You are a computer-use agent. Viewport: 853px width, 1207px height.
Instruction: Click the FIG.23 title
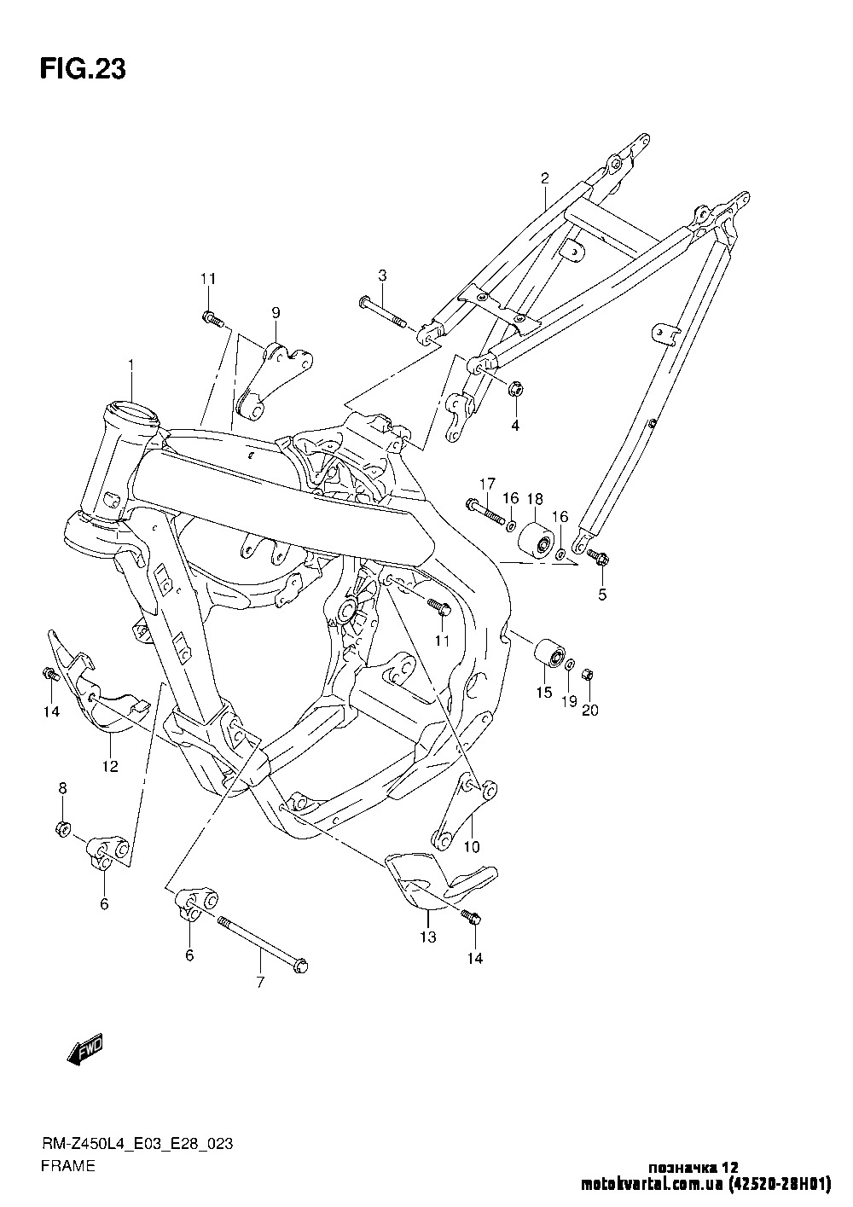point(83,70)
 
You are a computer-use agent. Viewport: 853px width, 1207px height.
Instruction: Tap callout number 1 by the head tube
point(132,365)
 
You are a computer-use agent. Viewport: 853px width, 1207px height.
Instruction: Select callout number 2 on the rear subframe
point(544,178)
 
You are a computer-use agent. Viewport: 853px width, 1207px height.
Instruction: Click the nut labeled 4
point(515,391)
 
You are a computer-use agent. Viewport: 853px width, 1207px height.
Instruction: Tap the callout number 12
point(110,765)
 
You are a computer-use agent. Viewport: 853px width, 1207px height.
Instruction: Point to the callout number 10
point(472,846)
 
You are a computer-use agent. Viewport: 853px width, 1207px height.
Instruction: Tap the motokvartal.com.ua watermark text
point(653,1185)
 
